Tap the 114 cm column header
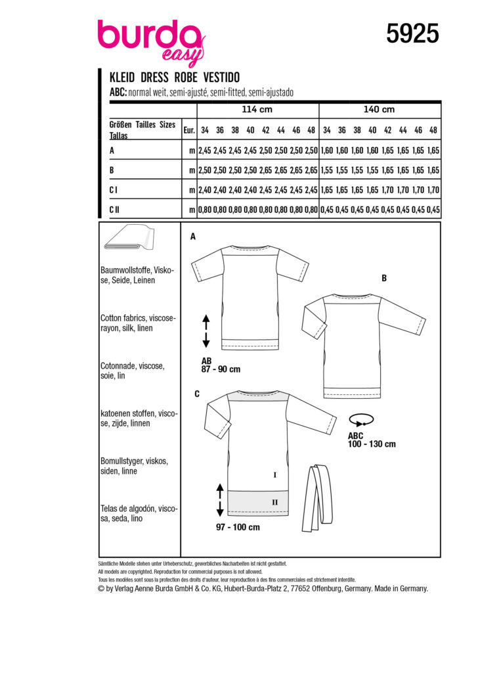coord(257,109)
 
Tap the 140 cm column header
coord(380,109)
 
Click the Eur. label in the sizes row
coord(189,130)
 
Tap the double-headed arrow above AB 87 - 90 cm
coord(206,331)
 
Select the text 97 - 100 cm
coord(237,527)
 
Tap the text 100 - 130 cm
coord(372,444)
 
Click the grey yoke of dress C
coord(257,397)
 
